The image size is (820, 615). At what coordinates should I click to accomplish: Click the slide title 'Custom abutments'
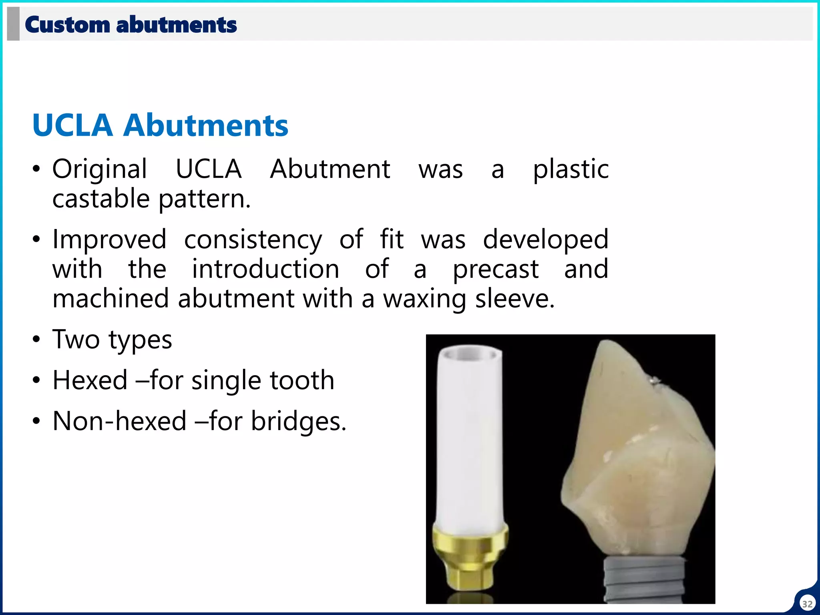tap(131, 25)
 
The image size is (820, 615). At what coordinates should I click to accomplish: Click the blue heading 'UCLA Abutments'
tap(160, 125)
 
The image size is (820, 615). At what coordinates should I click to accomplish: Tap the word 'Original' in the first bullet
tap(100, 169)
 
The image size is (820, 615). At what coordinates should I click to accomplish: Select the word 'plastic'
tap(571, 169)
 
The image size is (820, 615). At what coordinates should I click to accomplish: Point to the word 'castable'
tap(101, 199)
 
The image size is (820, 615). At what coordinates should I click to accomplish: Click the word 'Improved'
tap(109, 239)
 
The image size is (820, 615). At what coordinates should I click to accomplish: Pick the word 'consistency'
tap(253, 239)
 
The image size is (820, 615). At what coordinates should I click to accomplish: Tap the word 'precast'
tap(495, 269)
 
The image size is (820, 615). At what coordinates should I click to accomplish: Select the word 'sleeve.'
tap(515, 299)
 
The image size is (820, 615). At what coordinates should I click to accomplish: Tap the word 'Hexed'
tap(90, 380)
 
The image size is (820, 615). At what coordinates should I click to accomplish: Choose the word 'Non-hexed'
tap(119, 421)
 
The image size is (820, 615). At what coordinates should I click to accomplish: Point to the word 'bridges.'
tap(298, 421)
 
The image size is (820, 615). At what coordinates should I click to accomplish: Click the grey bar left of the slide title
tap(13, 24)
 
